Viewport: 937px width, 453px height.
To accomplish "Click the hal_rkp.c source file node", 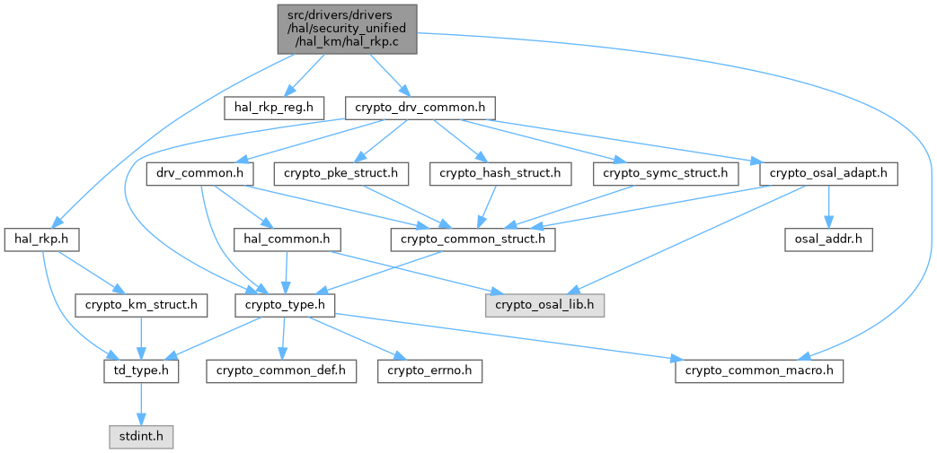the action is tap(347, 30).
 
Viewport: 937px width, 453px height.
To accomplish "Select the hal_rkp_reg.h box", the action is tap(274, 108).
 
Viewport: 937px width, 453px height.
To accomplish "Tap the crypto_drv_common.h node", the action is tap(420, 108).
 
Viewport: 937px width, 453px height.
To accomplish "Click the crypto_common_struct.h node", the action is tap(473, 240).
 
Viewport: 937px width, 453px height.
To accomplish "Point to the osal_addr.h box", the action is tap(828, 240).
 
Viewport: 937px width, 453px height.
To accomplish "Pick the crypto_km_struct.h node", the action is tap(141, 306).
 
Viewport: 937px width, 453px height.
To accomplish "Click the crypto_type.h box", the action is tap(284, 306).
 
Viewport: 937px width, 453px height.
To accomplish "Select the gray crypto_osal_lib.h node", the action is tap(544, 306).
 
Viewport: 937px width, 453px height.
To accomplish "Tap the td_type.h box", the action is tap(141, 372).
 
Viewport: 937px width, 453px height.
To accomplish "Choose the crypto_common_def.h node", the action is tap(281, 372).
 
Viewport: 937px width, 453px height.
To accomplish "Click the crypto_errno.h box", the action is tap(429, 372).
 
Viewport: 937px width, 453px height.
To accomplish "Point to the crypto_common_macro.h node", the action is tap(759, 372).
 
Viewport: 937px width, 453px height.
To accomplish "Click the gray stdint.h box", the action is tap(141, 438).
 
